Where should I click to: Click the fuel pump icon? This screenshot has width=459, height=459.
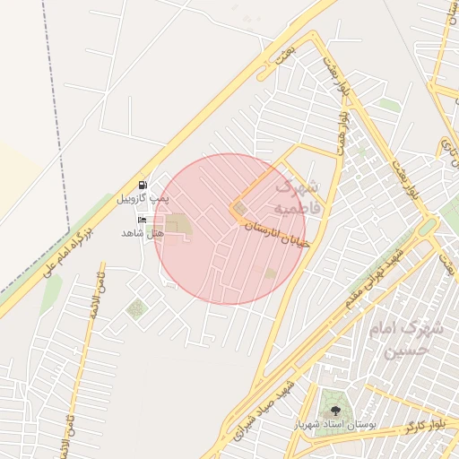143,185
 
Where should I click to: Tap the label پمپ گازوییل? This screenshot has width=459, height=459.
143,197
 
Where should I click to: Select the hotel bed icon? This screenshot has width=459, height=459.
143,220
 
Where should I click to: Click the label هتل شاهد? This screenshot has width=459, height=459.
143,233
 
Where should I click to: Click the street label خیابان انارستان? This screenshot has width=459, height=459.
277,234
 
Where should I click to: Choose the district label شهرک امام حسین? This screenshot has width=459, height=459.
413,340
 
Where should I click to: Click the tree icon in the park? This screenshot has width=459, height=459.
335,409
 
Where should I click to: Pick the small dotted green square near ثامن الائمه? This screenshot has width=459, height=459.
135,310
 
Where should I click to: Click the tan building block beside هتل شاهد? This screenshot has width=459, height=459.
178,226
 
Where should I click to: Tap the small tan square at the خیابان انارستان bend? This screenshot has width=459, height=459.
240,209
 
